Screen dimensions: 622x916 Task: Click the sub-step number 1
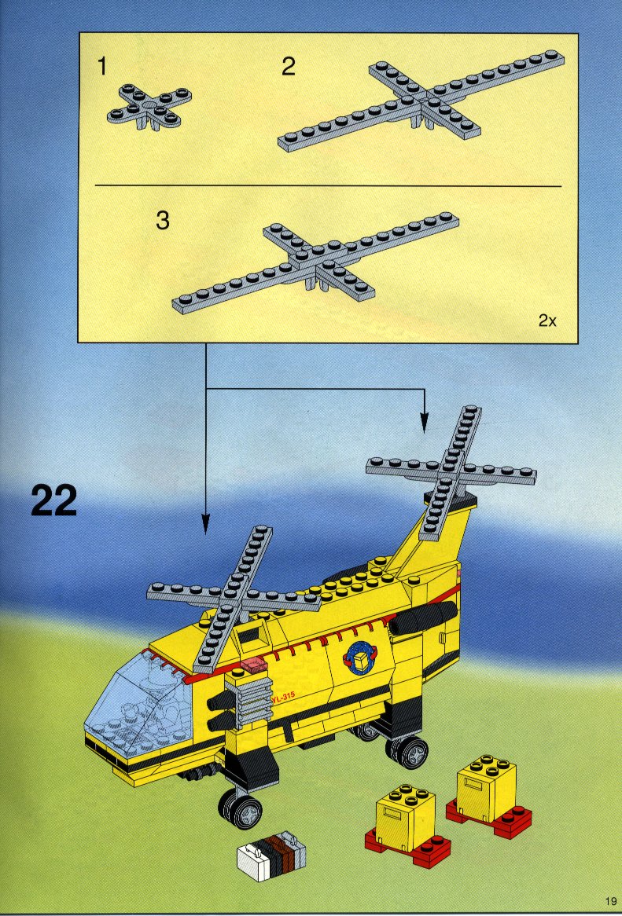[x=102, y=67]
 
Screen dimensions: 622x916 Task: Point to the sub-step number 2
[x=289, y=67]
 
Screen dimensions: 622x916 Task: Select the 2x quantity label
[x=547, y=321]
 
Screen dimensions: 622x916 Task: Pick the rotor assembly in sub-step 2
[x=421, y=101]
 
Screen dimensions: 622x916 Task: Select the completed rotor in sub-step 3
[x=315, y=264]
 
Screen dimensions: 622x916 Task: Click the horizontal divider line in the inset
[x=328, y=186]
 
